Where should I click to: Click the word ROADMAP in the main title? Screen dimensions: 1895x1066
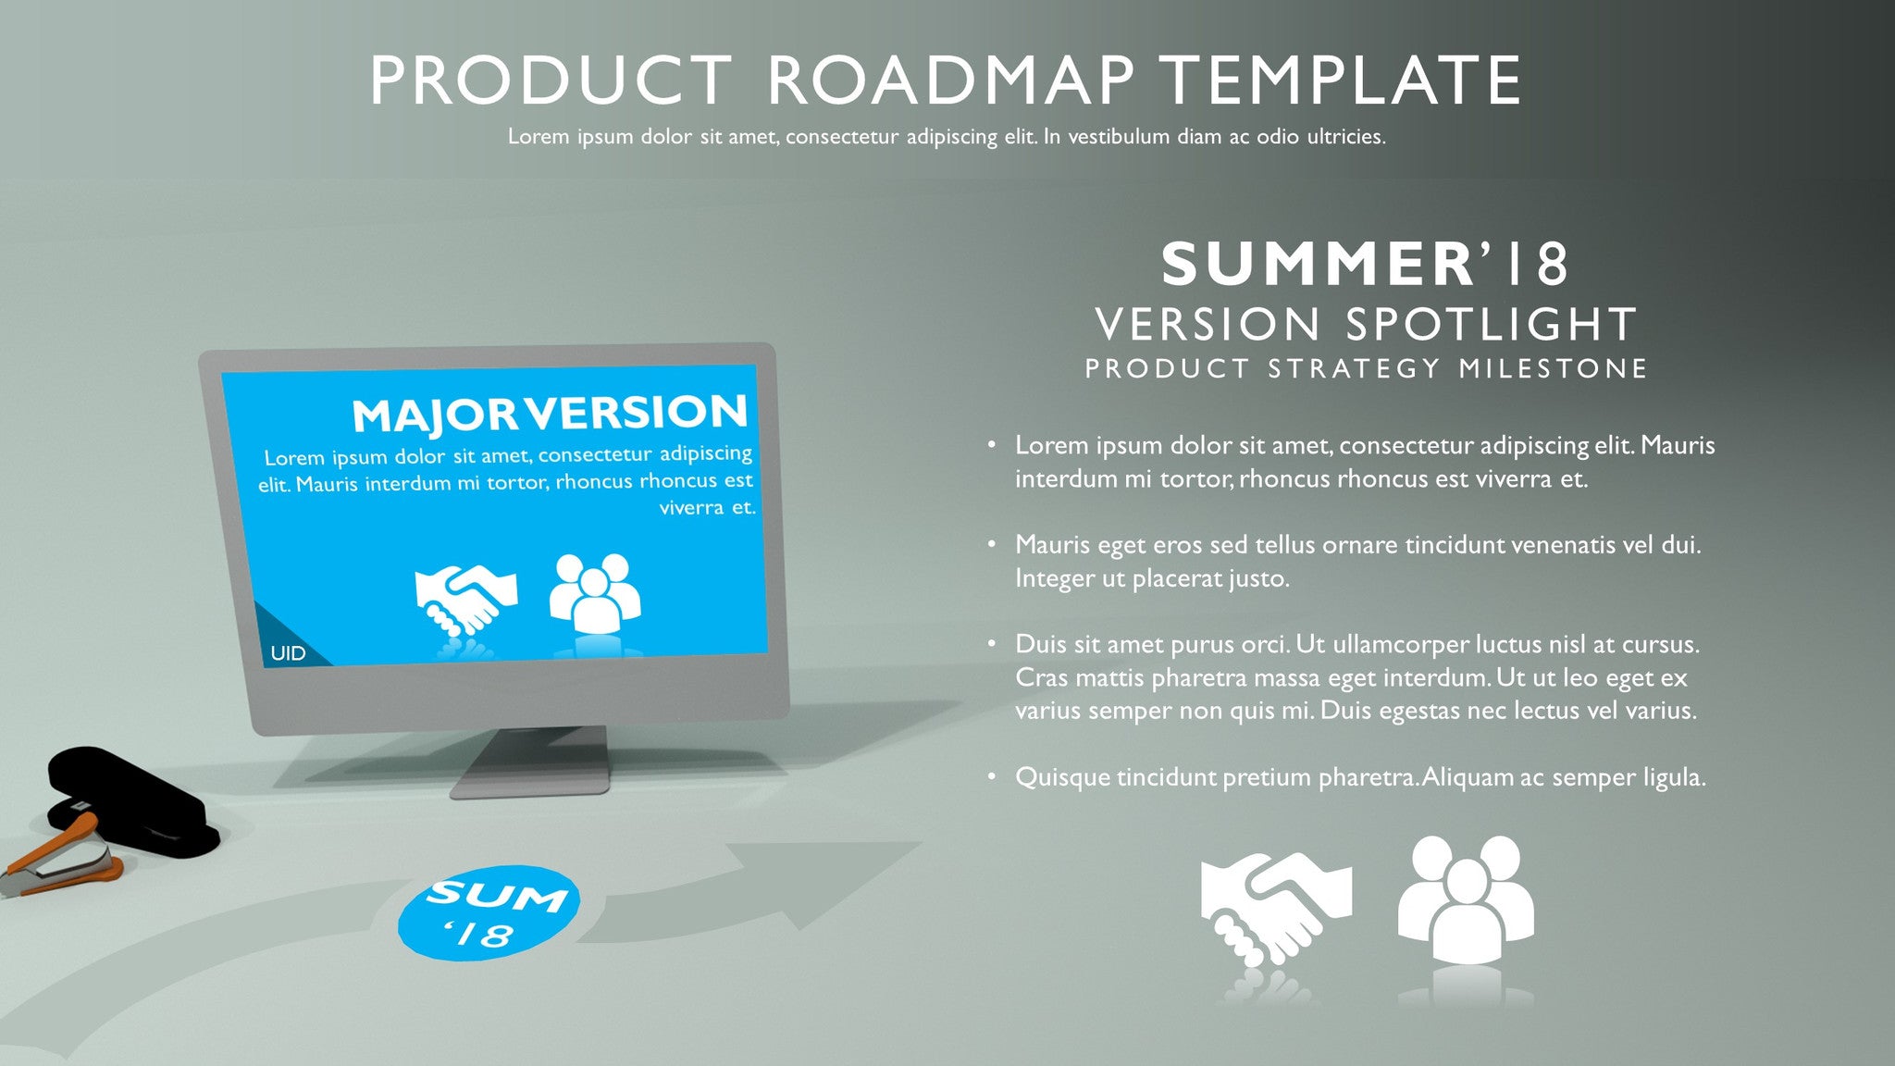click(x=950, y=81)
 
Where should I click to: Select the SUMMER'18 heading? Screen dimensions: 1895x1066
click(x=1365, y=264)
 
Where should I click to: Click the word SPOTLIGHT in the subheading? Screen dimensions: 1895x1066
click(x=1491, y=325)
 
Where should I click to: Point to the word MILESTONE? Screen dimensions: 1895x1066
click(x=1554, y=369)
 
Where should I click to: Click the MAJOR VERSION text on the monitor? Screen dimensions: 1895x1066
click(x=550, y=414)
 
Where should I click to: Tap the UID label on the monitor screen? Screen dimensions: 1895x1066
click(x=288, y=653)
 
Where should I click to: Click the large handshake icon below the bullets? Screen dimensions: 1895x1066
click(x=1276, y=907)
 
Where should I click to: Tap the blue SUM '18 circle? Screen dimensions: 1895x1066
click(x=489, y=912)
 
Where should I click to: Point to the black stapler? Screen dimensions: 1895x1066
click(x=130, y=801)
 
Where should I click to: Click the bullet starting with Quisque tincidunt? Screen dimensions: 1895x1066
click(x=1360, y=777)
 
